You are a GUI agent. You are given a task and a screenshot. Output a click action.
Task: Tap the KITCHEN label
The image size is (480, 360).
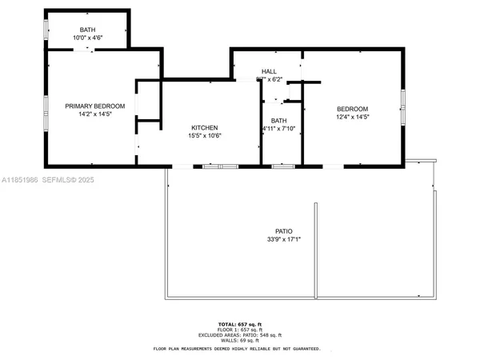click(x=205, y=128)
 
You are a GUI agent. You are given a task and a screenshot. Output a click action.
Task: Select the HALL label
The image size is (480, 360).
click(x=270, y=71)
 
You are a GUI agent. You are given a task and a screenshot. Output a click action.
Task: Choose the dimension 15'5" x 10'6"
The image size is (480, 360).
click(x=205, y=136)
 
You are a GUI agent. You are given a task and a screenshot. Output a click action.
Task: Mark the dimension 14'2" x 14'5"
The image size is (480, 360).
click(x=94, y=114)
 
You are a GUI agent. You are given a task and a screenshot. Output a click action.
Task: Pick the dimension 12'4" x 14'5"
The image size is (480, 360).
click(x=352, y=116)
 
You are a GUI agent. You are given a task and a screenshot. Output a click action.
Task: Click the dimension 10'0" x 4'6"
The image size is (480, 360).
click(x=87, y=38)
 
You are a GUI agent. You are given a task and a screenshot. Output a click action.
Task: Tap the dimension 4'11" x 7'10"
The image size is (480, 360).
click(x=279, y=129)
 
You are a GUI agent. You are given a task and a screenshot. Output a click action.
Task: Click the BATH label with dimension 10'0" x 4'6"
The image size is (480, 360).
click(x=87, y=30)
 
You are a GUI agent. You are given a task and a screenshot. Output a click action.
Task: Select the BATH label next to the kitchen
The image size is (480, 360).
click(x=279, y=121)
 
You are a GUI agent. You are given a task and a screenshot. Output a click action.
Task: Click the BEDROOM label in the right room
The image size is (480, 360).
click(x=352, y=108)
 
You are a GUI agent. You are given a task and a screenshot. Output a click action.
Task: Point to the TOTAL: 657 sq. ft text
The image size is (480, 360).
click(x=240, y=323)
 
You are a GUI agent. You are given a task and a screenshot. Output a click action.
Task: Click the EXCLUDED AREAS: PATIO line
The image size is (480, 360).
click(x=240, y=334)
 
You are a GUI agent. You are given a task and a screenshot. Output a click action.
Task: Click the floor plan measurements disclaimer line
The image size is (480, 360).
click(x=240, y=349)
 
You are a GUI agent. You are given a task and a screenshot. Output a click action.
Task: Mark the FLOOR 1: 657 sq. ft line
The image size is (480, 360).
click(x=240, y=329)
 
